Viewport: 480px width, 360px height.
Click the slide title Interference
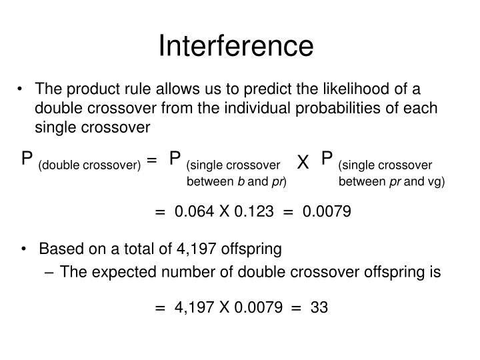pyautogui.click(x=235, y=45)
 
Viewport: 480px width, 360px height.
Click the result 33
pyautogui.click(x=319, y=307)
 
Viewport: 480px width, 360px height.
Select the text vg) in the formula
pyautogui.click(x=436, y=181)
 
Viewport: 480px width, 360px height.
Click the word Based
pyautogui.click(x=56, y=250)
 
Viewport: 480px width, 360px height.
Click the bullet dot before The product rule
pyautogui.click(x=25, y=90)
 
